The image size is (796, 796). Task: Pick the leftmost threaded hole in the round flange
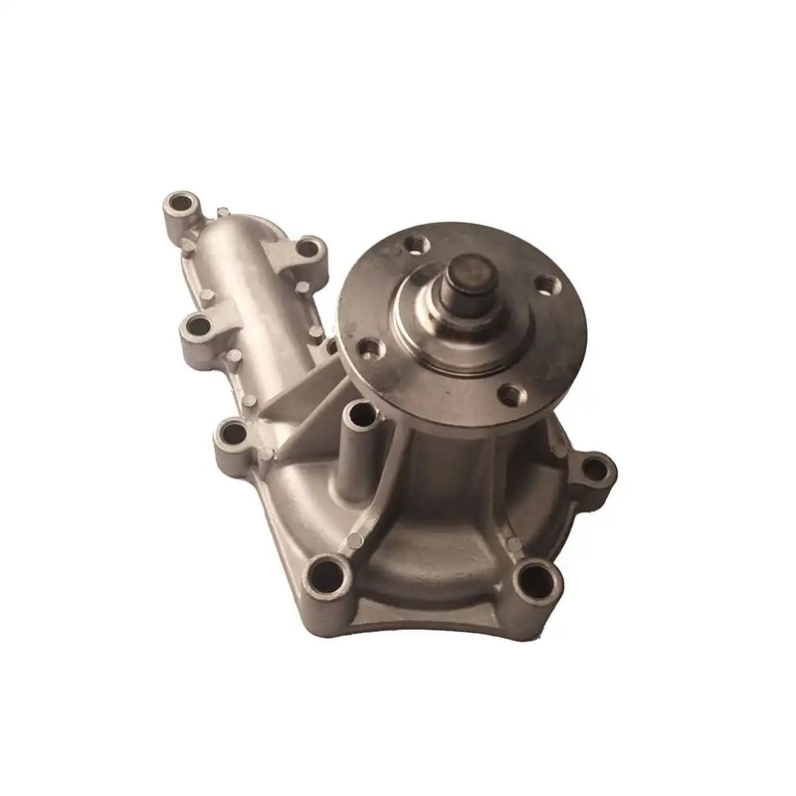click(369, 348)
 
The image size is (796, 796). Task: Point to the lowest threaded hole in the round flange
click(509, 394)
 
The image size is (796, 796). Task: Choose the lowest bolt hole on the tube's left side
click(232, 433)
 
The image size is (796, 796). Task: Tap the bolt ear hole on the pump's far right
click(594, 468)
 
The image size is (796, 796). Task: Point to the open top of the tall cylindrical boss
click(357, 409)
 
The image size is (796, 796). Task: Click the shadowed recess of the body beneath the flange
click(448, 468)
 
